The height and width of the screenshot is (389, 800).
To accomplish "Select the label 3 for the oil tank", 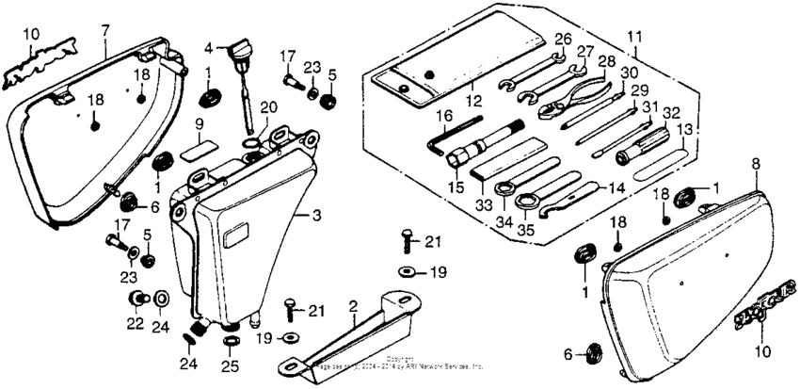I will tap(316, 216).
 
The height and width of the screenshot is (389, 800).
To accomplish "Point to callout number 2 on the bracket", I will tap(352, 306).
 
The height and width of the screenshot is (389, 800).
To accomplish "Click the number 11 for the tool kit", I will tap(635, 39).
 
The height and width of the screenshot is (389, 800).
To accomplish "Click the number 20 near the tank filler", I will tap(267, 106).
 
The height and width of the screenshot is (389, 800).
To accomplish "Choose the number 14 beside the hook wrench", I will tap(616, 187).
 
